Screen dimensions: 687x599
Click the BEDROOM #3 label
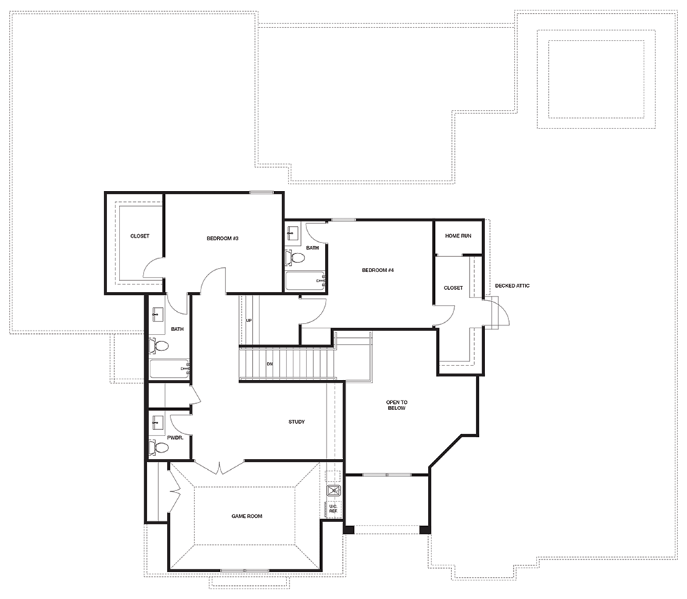coord(222,238)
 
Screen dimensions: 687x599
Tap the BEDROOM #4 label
coord(378,270)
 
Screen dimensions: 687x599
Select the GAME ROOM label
coord(247,516)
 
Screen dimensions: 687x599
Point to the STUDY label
coord(297,422)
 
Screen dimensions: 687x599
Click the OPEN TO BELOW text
coord(396,405)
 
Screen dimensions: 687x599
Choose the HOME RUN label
coord(458,236)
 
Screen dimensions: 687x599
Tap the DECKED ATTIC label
coord(513,286)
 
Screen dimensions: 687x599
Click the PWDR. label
coord(174,438)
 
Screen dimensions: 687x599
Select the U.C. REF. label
coord(333,509)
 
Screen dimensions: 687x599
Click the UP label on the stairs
coord(249,321)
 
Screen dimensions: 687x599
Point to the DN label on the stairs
coord(269,363)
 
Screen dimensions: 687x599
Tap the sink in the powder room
coord(157,422)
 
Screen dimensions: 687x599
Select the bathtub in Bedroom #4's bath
coord(305,281)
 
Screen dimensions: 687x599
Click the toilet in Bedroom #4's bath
coord(295,258)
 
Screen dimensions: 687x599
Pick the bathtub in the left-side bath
coord(169,369)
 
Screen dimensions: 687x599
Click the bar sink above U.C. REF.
coord(334,490)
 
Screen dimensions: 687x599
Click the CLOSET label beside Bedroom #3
coord(139,236)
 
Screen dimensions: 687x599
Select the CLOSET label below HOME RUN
coord(453,288)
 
